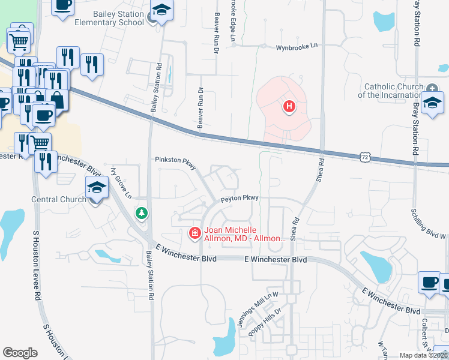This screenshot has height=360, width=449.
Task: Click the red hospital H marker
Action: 289,107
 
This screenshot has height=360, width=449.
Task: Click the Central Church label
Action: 59,199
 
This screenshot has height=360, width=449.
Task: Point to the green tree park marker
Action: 141,214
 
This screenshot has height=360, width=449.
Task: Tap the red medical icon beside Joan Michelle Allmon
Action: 195,233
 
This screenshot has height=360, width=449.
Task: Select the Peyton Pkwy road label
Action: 239,197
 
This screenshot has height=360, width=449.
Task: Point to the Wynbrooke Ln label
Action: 297,48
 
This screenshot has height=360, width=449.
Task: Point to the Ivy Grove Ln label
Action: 121,184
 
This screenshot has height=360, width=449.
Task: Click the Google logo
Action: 20,353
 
